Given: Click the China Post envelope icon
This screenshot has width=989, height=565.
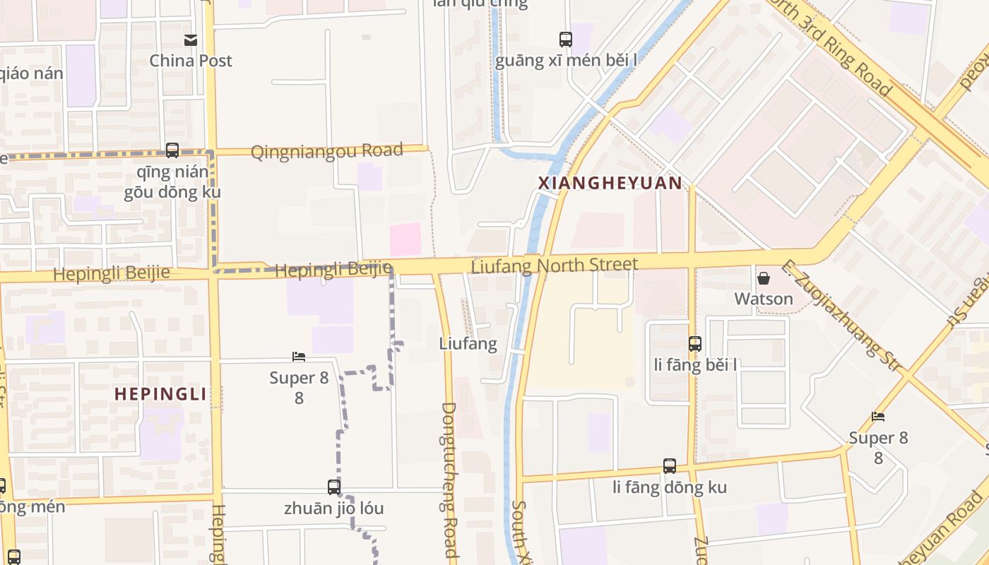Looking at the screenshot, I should [x=190, y=40].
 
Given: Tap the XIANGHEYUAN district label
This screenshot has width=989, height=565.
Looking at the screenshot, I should [x=610, y=184].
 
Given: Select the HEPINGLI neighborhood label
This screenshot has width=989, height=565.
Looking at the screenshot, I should [x=160, y=394].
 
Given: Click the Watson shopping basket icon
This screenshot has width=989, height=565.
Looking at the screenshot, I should [x=764, y=278].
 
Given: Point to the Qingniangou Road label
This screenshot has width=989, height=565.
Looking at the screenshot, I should [x=326, y=151].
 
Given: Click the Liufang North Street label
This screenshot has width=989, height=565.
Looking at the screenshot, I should [x=554, y=266].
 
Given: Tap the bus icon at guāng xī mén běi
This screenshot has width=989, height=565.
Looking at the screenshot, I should [x=565, y=40].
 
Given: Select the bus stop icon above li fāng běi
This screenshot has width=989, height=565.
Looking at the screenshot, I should [x=695, y=344].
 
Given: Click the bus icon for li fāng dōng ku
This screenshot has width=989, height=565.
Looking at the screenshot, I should [x=669, y=466].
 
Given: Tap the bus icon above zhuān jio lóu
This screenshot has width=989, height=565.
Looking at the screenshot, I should [x=333, y=487].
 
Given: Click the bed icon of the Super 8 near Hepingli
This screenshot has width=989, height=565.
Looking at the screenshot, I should [x=299, y=357].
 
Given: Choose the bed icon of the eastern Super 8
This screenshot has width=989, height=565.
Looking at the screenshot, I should [x=878, y=417].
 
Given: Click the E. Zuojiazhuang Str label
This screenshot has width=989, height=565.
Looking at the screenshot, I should [x=841, y=315].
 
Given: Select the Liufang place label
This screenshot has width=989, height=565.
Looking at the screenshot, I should [x=468, y=344].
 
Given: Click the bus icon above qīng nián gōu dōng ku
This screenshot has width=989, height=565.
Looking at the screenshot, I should [x=172, y=150].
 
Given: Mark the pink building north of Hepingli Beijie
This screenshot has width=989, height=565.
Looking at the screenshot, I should [x=405, y=239].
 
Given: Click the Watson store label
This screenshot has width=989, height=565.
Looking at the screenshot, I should [x=764, y=299].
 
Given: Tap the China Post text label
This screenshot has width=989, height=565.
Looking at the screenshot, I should [x=190, y=61].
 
